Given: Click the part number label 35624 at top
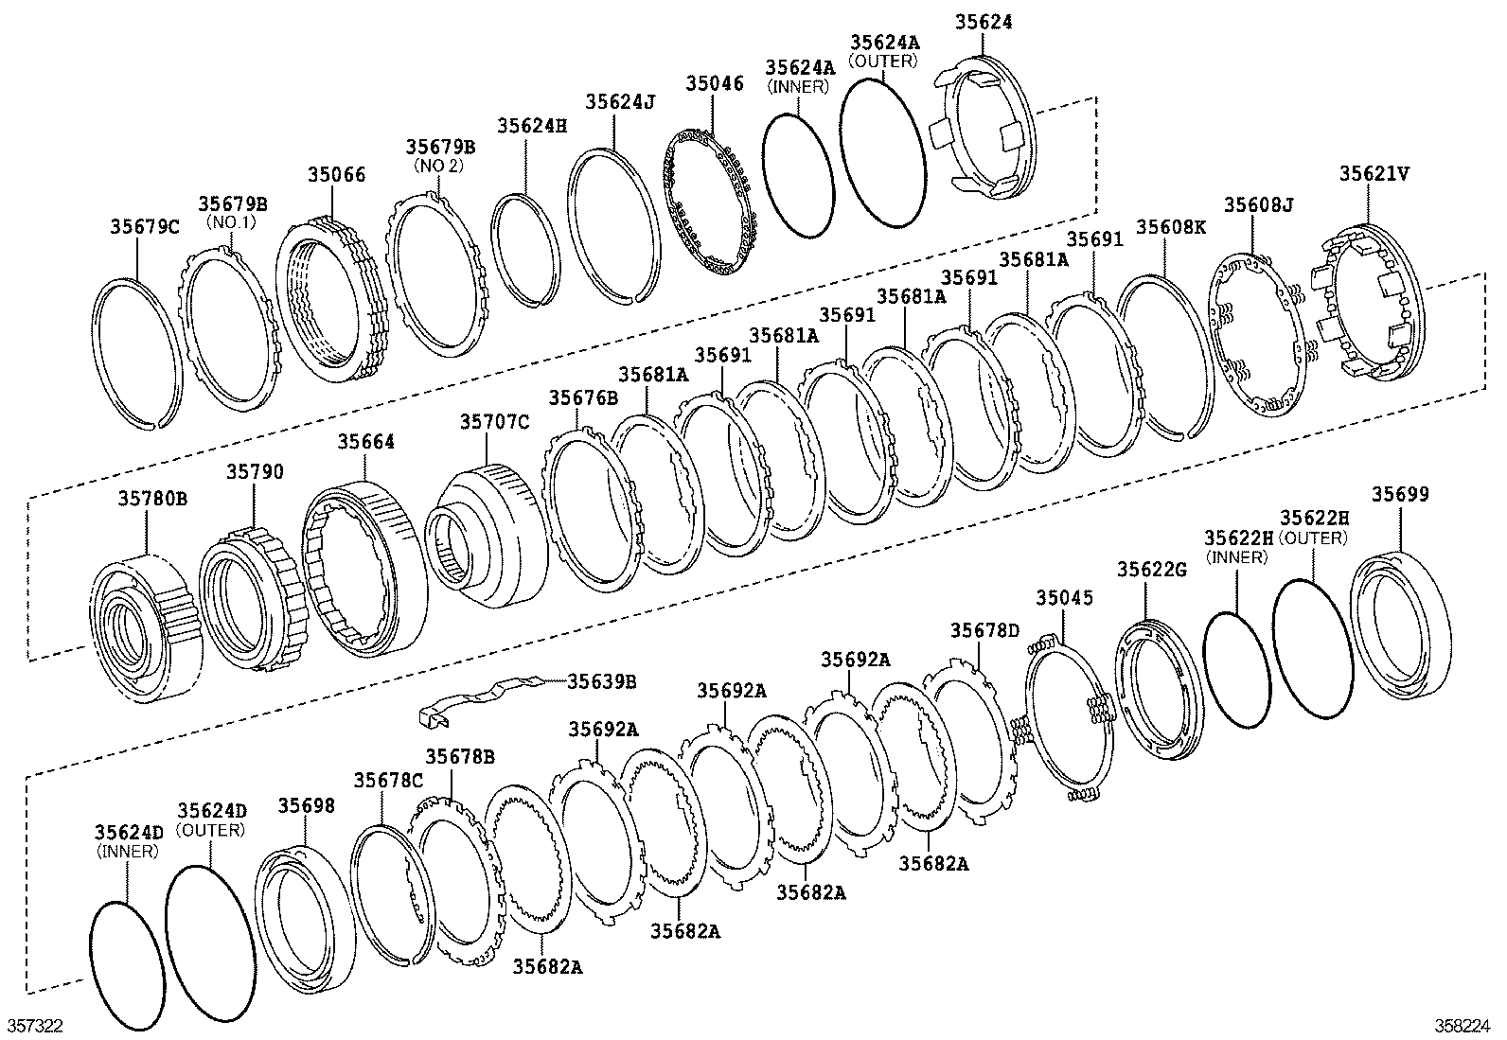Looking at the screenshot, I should coord(983,22).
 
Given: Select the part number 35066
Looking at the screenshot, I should coord(335,175).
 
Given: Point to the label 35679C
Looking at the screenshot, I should coord(144,226).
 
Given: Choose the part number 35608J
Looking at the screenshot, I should coord(1257,204).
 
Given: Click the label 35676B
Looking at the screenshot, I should coord(582,398).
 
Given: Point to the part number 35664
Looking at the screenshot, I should coord(366,442).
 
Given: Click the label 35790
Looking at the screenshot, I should coord(253,472).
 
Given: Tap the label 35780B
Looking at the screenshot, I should coord(152,497).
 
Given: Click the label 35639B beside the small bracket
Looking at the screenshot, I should coord(601,681).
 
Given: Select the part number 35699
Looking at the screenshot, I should coord(1400,495).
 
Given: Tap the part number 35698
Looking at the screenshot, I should coord(306,805).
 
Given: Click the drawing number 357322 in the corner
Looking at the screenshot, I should coord(35,1027).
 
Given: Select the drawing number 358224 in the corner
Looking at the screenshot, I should coord(1467,1027).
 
